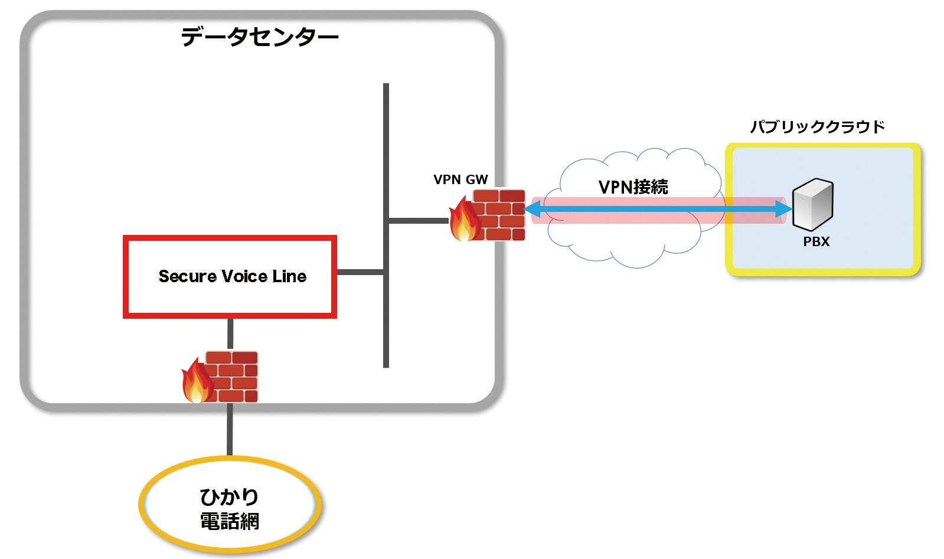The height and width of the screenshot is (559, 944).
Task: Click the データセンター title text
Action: pyautogui.click(x=260, y=37)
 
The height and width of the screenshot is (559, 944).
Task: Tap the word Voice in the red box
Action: pyautogui.click(x=238, y=276)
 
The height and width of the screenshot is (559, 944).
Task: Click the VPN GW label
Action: pyautogui.click(x=460, y=180)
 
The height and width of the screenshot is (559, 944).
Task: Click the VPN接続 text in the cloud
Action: pyautogui.click(x=633, y=187)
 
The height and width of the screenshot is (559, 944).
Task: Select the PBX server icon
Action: pyautogui.click(x=812, y=204)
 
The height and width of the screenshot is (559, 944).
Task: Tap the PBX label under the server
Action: pyautogui.click(x=816, y=241)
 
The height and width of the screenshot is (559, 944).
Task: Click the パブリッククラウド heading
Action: pyautogui.click(x=818, y=127)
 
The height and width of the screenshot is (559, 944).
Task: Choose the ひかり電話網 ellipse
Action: pyautogui.click(x=230, y=505)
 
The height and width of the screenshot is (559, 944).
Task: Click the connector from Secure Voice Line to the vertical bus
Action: pyautogui.click(x=360, y=272)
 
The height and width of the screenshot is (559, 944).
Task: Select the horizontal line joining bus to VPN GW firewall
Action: pyautogui.click(x=418, y=221)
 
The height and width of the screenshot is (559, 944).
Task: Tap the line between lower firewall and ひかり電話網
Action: pyautogui.click(x=230, y=429)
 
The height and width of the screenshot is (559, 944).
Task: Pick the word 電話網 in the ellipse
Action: pyautogui.click(x=230, y=522)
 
